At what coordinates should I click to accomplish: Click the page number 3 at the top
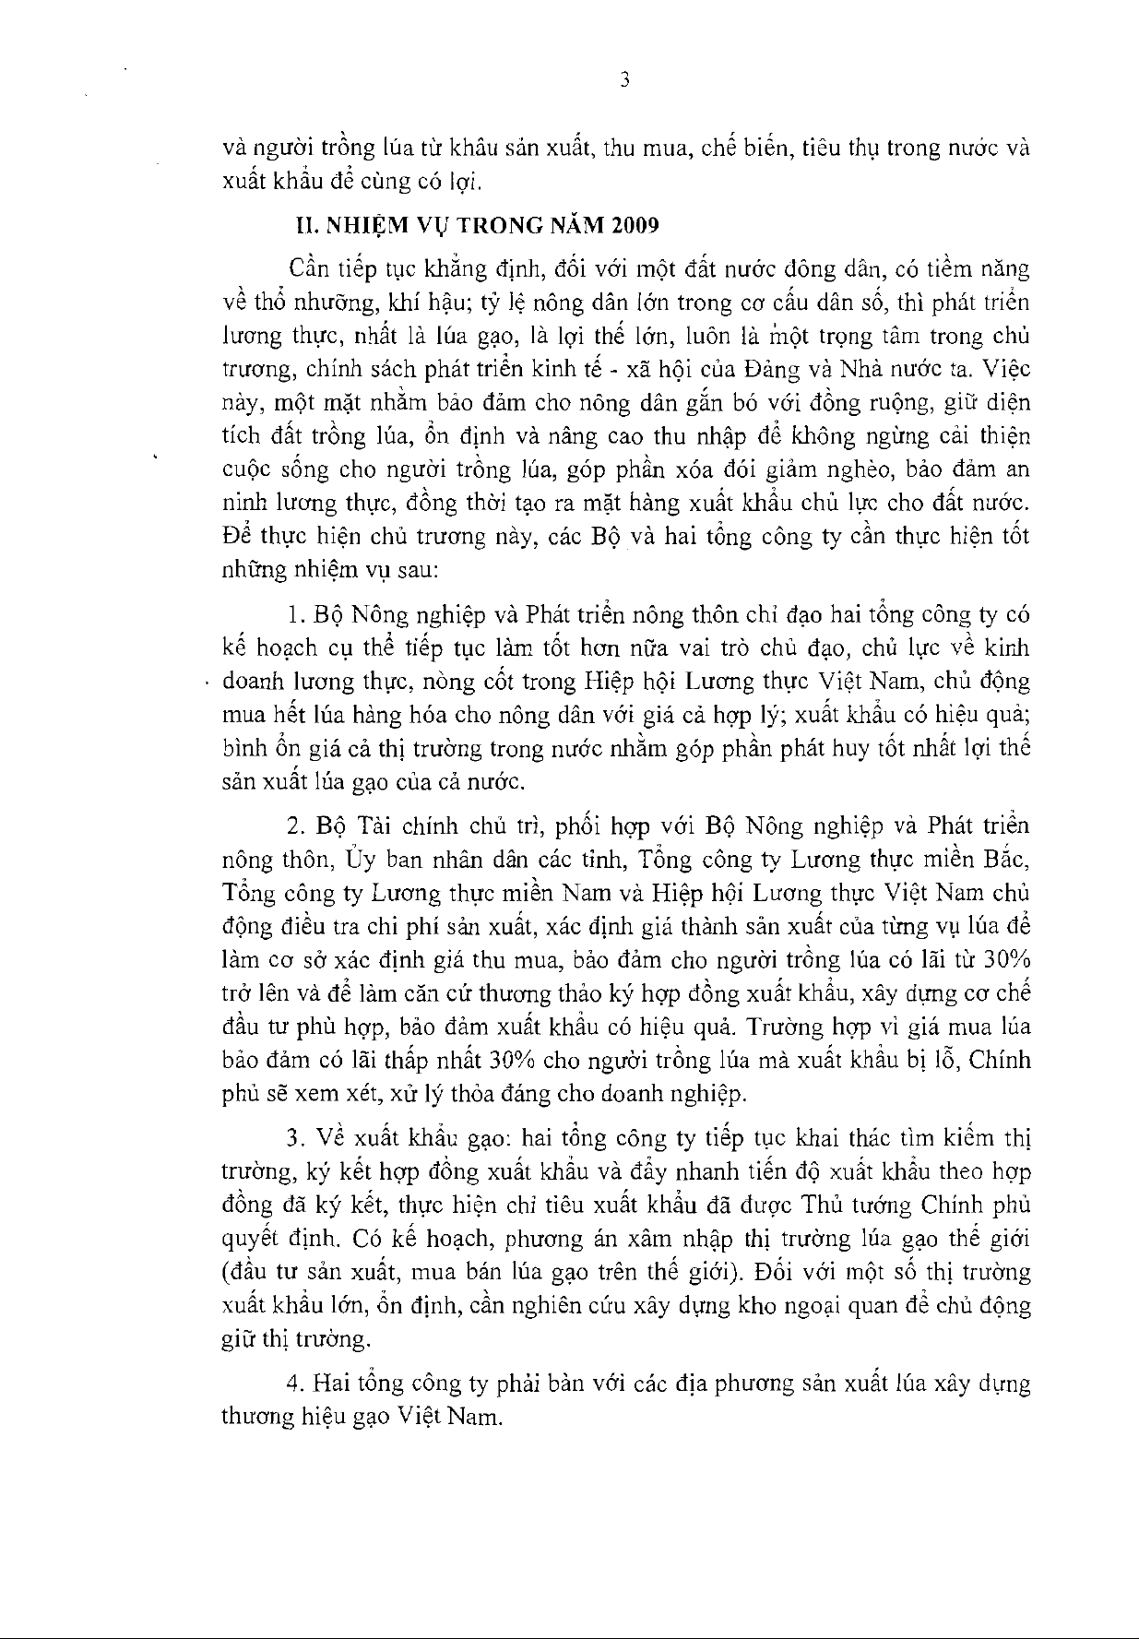pyautogui.click(x=624, y=80)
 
